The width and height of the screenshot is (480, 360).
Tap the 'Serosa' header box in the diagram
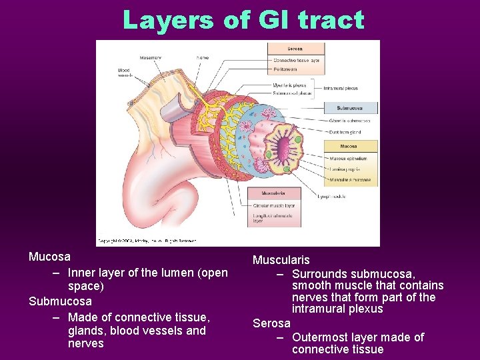pos(295,49)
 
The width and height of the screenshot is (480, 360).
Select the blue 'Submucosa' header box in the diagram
pos(350,107)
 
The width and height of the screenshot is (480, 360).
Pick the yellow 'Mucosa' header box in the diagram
pos(349,146)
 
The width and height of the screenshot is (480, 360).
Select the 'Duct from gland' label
pos(347,132)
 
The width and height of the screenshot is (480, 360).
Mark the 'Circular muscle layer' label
pos(273,206)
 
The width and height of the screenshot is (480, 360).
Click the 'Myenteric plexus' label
pos(289,85)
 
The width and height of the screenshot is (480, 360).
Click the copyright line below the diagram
pos(140,241)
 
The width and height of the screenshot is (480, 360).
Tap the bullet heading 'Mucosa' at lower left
pos(49,257)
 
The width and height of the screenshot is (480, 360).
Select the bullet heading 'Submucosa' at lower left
pos(60,301)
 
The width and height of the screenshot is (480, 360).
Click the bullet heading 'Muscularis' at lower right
pos(281,260)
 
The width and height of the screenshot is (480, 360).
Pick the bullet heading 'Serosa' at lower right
pos(271,323)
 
